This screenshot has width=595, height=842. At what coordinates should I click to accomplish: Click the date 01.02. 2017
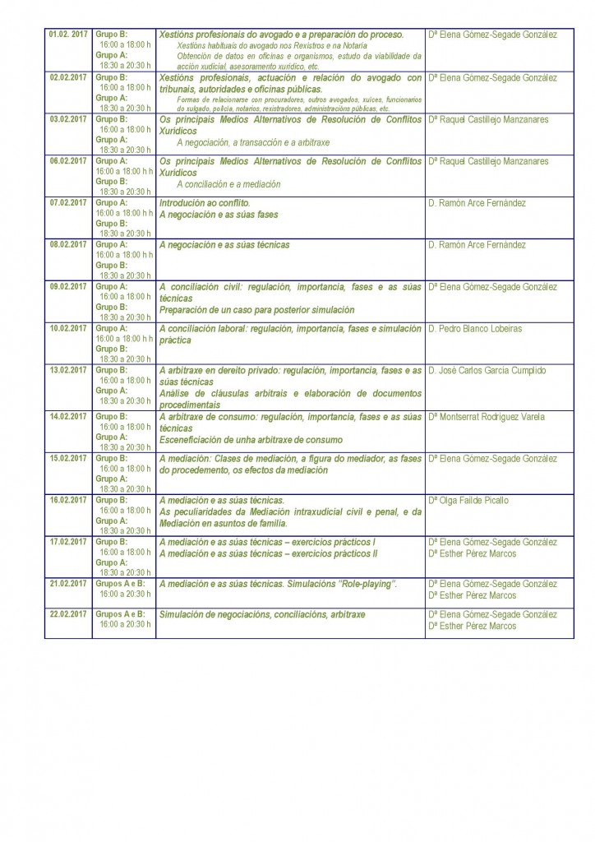tap(68, 35)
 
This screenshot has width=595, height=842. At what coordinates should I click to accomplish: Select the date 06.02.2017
tap(68, 161)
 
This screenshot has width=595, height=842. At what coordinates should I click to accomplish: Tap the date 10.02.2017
tap(68, 328)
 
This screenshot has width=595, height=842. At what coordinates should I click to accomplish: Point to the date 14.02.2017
tap(68, 417)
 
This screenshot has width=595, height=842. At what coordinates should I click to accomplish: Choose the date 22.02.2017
tap(68, 614)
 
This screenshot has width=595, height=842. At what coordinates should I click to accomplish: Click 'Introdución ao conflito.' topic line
tap(205, 203)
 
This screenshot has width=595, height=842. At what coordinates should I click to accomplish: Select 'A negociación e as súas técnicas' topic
tap(224, 245)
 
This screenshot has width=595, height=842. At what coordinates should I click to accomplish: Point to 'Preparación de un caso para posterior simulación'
tap(256, 310)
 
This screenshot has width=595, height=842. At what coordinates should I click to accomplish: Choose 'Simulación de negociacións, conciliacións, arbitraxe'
tap(262, 614)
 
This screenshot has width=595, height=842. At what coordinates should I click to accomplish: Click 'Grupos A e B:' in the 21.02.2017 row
tap(120, 583)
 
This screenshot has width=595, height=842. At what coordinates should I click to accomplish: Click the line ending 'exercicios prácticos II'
tap(268, 553)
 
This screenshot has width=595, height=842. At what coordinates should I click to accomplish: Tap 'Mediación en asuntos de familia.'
tap(224, 523)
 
